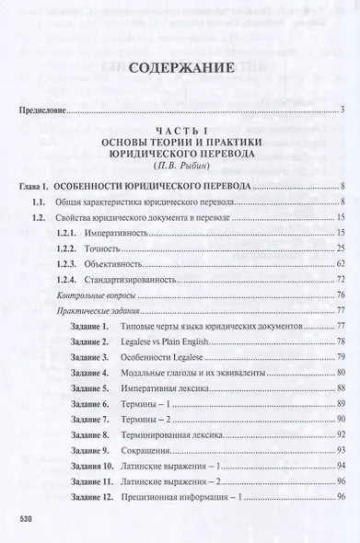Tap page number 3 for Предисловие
coord(342,111)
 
